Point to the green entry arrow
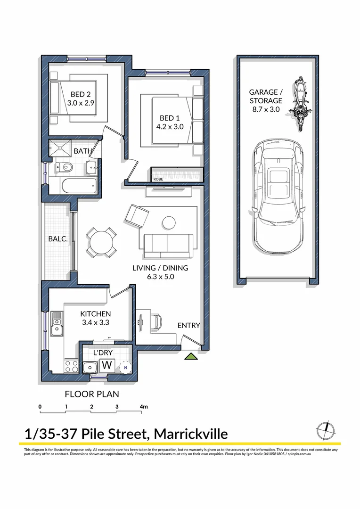pos(191,356)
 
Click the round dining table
pos(102,243)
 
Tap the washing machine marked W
pos(107,365)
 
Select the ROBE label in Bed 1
pos(157,179)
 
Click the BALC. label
pos(58,239)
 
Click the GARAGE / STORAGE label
pos(266,96)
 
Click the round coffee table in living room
pos(168,222)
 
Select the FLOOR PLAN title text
pos(92,394)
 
